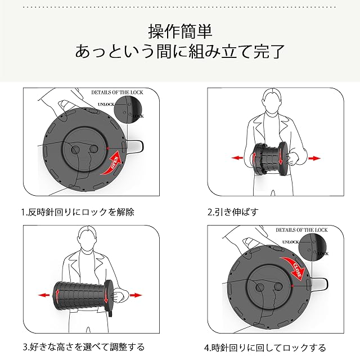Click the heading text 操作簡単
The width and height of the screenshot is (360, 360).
tap(180, 30)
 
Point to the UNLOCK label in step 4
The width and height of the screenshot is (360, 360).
tap(290, 241)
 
